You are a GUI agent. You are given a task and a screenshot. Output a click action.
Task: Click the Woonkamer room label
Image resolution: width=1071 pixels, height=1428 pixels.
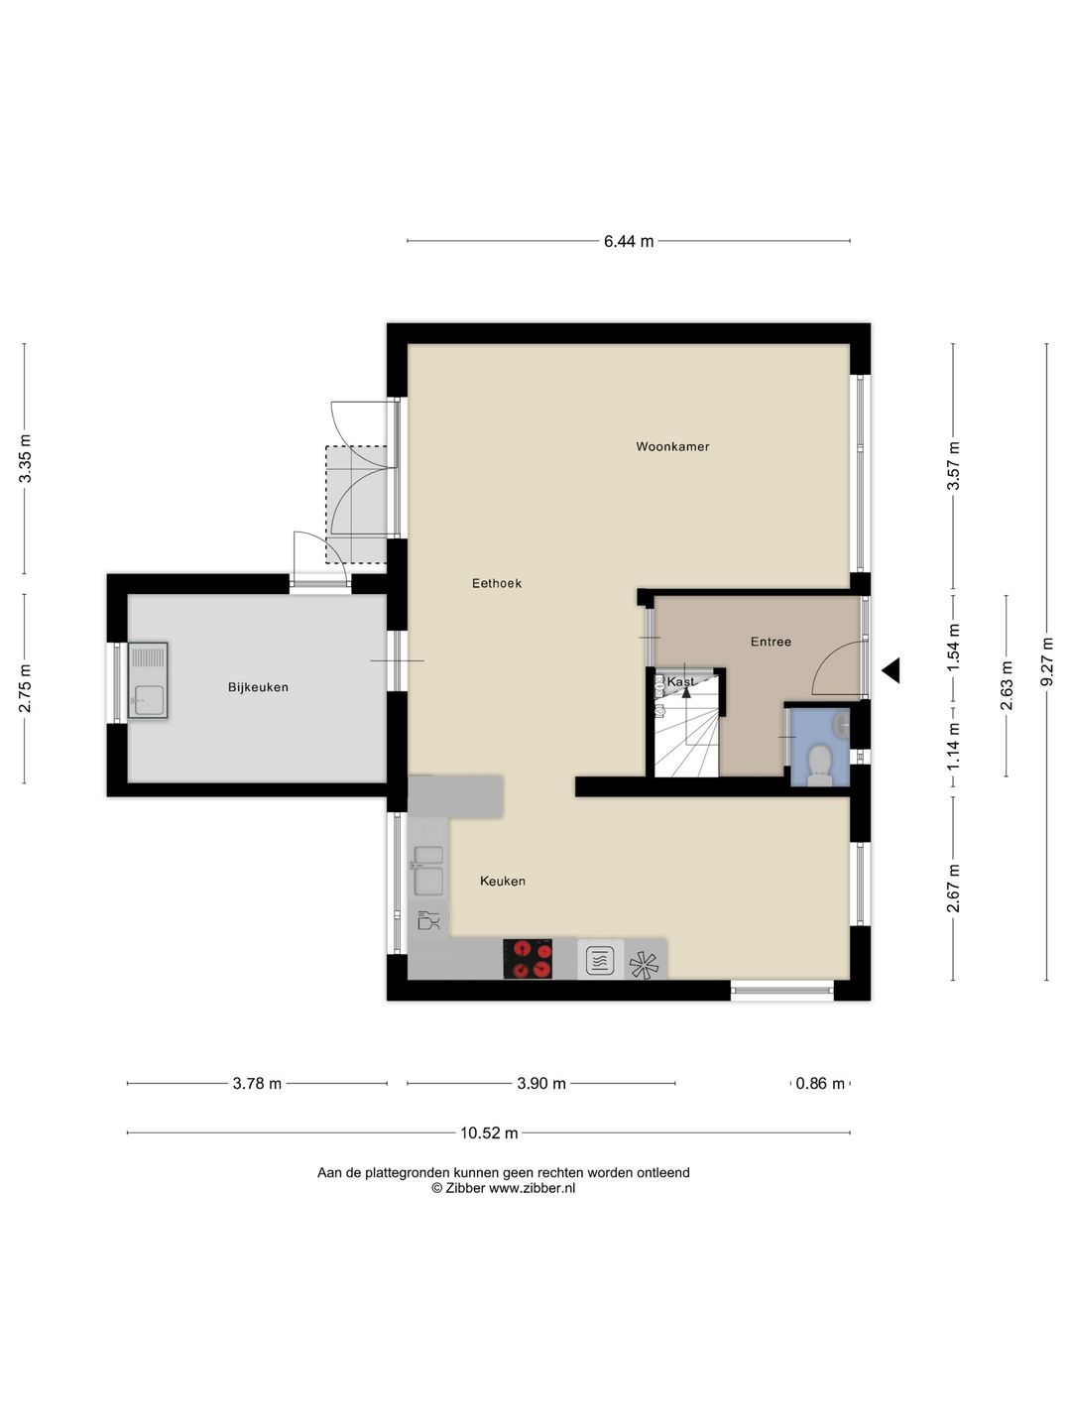[x=672, y=446]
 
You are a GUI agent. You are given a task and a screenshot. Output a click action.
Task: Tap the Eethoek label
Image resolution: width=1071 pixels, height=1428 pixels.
[x=496, y=583]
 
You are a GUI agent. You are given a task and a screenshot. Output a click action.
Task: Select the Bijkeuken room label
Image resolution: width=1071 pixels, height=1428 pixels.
[x=258, y=687]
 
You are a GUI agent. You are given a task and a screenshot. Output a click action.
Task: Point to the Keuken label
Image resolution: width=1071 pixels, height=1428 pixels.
[x=502, y=881]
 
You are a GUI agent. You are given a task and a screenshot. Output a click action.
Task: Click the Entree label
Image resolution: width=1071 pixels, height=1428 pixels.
[x=771, y=642]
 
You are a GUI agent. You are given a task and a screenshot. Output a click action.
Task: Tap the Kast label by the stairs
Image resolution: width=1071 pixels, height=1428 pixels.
[x=680, y=682]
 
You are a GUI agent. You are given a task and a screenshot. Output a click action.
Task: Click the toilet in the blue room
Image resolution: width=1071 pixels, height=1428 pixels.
[x=819, y=765]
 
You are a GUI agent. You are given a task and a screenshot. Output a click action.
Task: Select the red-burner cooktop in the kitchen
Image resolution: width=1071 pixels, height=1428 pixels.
[x=528, y=959]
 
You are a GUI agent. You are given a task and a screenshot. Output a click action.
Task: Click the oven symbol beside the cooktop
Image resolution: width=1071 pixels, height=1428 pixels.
[x=600, y=960]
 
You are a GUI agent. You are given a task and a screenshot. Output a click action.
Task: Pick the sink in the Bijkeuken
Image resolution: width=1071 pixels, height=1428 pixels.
[x=148, y=680]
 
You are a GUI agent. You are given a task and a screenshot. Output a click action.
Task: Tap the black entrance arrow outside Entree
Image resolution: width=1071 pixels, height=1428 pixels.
[x=891, y=670]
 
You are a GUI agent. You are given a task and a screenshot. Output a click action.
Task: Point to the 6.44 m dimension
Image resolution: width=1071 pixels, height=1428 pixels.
[x=629, y=241]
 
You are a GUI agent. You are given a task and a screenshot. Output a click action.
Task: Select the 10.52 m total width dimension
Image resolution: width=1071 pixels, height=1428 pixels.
[x=489, y=1132]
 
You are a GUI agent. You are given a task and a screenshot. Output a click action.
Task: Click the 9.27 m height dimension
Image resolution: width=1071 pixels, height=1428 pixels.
[x=1047, y=661]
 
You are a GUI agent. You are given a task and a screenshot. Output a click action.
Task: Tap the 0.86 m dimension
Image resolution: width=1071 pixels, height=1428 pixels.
[x=820, y=1083]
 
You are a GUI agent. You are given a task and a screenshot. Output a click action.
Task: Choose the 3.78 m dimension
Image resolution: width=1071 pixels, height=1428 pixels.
[x=257, y=1083]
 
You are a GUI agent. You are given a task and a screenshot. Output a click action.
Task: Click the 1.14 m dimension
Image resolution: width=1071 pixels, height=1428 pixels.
[x=954, y=747]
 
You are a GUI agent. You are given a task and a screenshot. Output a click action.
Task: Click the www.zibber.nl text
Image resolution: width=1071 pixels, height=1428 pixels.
[x=532, y=1188]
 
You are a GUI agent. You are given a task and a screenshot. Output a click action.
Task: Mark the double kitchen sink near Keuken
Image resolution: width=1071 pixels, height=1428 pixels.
[x=428, y=868]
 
